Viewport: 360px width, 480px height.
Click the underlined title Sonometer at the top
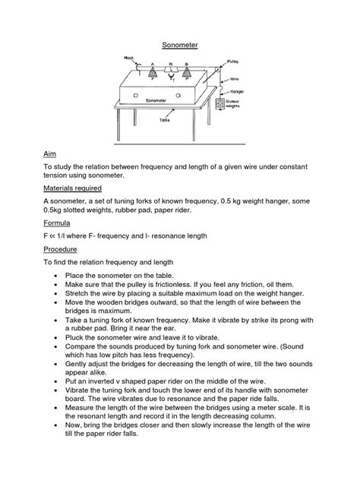181,45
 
